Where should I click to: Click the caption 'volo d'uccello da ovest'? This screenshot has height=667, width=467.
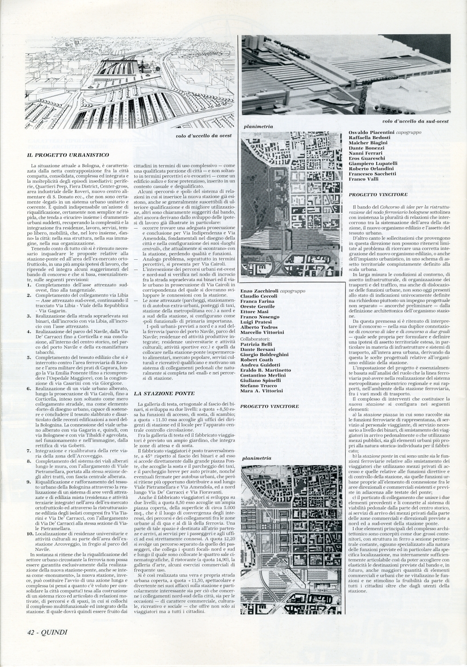click(x=205, y=136)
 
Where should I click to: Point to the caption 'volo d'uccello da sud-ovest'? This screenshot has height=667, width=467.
click(x=415, y=121)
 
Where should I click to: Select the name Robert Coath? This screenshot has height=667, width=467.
click(x=259, y=359)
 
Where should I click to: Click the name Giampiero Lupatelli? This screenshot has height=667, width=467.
click(x=373, y=163)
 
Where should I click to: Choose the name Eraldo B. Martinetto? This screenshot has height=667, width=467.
click(x=266, y=370)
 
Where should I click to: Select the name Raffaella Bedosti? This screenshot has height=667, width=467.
click(x=370, y=138)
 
